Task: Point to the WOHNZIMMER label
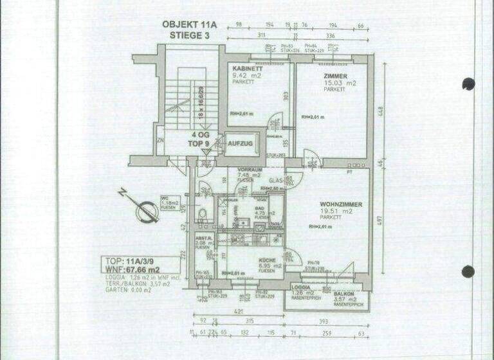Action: (340, 204)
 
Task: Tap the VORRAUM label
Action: (248, 170)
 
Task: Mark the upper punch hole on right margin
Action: (468, 84)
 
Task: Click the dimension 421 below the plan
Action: (239, 312)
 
